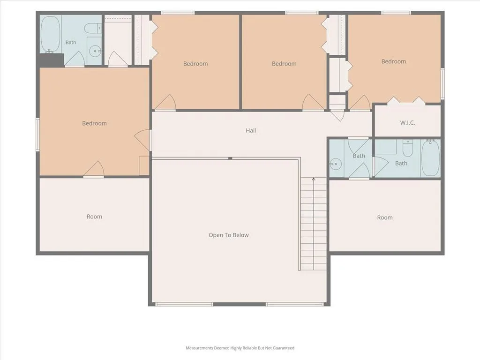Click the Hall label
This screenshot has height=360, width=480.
(251, 130)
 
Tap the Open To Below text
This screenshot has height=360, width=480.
(229, 235)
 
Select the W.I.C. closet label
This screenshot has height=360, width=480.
(407, 123)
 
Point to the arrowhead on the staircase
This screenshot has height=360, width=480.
(314, 179)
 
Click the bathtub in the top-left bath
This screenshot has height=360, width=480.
(50, 34)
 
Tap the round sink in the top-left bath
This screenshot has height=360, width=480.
(96, 51)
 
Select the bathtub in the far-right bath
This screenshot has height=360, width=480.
(430, 157)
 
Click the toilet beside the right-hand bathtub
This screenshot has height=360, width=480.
(407, 148)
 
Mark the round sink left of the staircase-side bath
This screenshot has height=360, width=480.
(336, 164)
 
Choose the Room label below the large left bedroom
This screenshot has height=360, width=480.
(94, 217)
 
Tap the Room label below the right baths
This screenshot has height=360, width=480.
(385, 217)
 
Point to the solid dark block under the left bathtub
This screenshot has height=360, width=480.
(51, 60)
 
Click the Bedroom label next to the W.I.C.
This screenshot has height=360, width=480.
(394, 61)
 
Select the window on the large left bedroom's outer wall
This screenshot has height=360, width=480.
(37, 135)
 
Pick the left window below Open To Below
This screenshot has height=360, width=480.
(184, 304)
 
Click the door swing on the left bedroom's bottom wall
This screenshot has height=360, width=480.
(94, 169)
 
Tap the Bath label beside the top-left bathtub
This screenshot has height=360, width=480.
(71, 43)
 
